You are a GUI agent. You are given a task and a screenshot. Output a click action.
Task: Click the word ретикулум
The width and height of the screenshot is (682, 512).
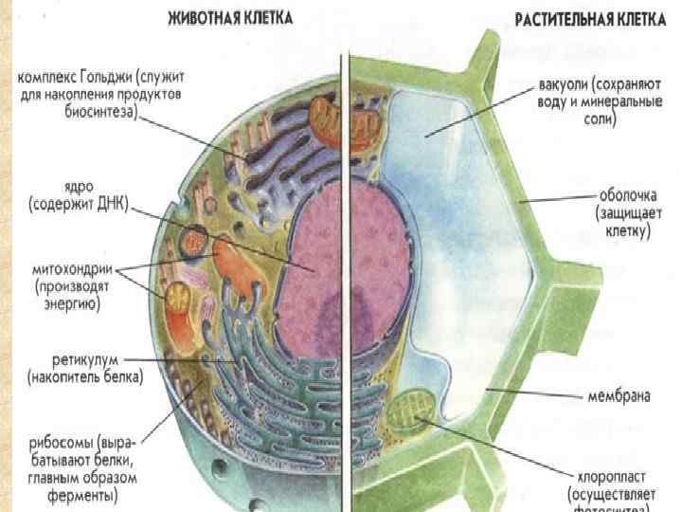pos(73,360)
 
